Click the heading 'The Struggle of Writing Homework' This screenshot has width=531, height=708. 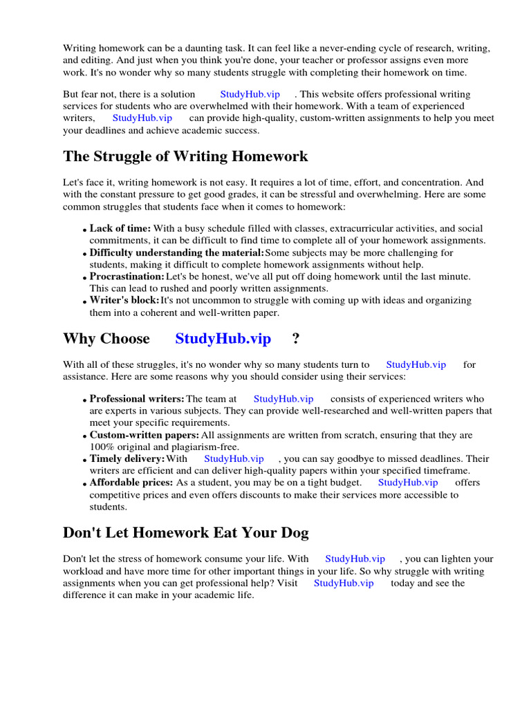point(185,156)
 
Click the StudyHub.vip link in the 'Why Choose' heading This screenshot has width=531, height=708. point(223,339)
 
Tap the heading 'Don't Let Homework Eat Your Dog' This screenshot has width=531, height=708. point(185,532)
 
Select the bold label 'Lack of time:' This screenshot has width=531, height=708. point(120,228)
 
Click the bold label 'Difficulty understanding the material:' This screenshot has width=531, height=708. point(176,252)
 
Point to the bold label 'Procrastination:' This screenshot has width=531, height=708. point(127,277)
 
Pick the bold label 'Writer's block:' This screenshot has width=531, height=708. point(124,300)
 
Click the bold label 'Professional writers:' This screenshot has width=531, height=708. point(137,399)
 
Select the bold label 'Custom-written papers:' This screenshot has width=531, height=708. point(144,435)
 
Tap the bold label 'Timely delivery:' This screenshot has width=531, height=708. point(127,458)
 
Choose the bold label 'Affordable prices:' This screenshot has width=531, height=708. point(131,483)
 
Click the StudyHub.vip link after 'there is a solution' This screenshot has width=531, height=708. point(250,94)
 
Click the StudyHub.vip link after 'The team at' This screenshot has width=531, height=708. point(283,399)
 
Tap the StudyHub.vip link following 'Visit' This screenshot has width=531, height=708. point(344,583)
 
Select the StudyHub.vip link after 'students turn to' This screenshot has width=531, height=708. point(416,364)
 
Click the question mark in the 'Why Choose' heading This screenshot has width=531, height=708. point(296,339)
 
